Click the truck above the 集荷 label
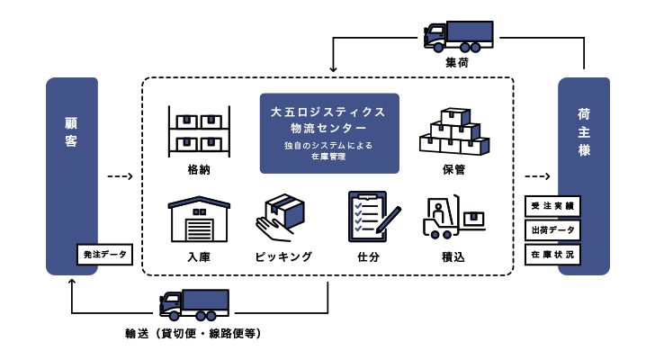(x=456, y=36)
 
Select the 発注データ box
(x=105, y=255)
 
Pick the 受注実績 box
(x=553, y=206)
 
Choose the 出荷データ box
(x=553, y=230)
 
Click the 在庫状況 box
(x=553, y=255)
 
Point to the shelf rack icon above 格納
(x=199, y=130)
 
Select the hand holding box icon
(x=281, y=217)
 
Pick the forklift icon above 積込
(x=453, y=217)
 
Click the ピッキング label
(x=283, y=256)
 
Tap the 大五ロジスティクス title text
(x=328, y=112)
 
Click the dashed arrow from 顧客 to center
(x=120, y=176)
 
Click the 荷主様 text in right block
(x=584, y=131)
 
